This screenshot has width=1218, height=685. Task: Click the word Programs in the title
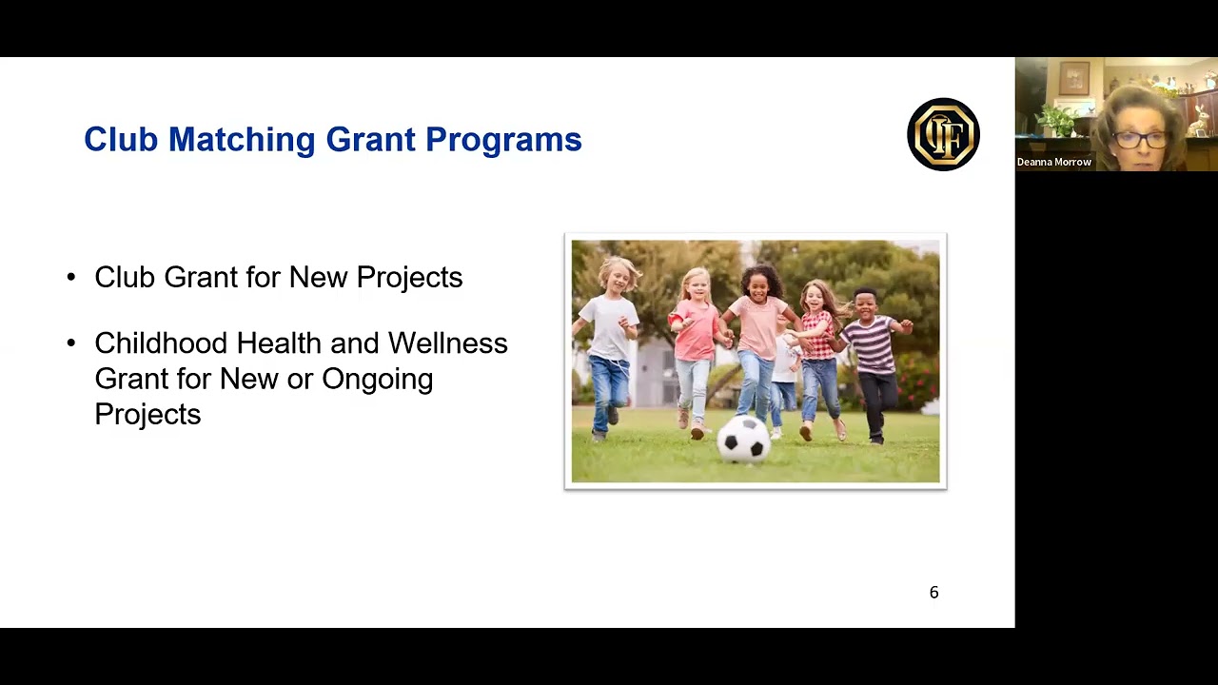click(503, 140)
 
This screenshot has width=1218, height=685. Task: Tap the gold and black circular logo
click(943, 134)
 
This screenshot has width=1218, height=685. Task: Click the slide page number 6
click(933, 593)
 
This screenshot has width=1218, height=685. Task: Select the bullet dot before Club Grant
click(71, 278)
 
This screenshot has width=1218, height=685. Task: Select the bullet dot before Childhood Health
click(71, 343)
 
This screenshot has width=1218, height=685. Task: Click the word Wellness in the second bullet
click(447, 343)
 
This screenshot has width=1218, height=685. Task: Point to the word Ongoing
click(377, 379)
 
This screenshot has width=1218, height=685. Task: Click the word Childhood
click(161, 343)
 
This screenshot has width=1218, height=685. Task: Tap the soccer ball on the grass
click(743, 439)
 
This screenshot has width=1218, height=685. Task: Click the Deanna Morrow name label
click(1053, 162)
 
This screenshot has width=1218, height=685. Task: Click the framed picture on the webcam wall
click(1074, 78)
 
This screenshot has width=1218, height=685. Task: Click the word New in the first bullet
click(319, 278)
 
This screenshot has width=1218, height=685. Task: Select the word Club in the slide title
click(120, 140)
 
